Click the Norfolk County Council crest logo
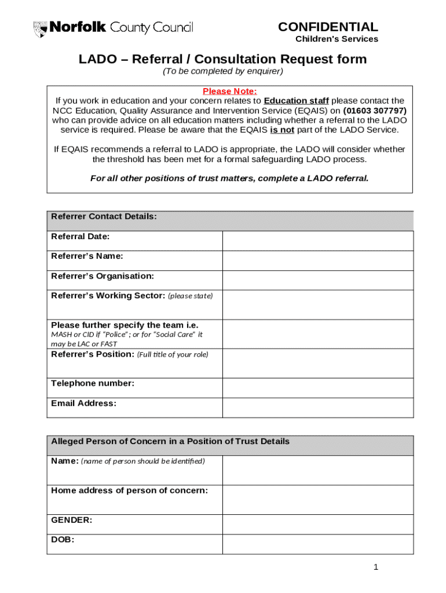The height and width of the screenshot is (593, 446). tap(41, 28)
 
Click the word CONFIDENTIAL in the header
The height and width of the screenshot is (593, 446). tap(328, 27)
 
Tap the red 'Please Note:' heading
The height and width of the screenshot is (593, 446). tap(229, 91)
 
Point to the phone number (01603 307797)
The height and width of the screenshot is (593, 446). tap(375, 110)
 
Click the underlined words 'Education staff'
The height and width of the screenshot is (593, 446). tap(296, 101)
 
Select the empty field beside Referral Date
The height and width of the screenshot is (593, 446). tap(317, 241)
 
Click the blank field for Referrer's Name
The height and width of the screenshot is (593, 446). tap(317, 261)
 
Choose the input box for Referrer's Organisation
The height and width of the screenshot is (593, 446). tap(317, 280)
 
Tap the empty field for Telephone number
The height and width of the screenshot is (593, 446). tap(317, 388)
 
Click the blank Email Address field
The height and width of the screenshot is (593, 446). tap(317, 408)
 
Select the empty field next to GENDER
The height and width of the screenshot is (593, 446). tap(317, 524)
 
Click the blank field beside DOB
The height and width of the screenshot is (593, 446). tap(317, 544)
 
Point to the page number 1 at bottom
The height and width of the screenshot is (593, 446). tap(376, 567)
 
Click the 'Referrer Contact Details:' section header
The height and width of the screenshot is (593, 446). tap(104, 217)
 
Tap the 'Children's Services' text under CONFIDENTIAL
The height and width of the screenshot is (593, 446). tap(337, 39)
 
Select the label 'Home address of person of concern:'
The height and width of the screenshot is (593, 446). tap(129, 490)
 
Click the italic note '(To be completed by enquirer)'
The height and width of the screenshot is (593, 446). tap(222, 71)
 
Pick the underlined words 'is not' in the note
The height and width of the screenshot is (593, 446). tap(282, 130)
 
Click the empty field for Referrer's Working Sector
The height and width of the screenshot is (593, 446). tap(317, 305)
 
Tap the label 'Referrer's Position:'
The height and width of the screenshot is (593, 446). tap(93, 354)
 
